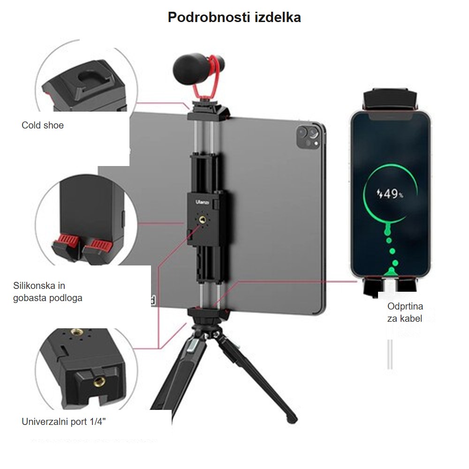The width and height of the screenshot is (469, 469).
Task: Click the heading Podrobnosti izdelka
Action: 234,17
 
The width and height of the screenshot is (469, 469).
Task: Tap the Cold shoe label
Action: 43,125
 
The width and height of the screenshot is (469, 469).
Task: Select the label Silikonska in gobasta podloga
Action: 47,292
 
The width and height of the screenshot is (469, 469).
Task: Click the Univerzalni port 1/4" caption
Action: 64,422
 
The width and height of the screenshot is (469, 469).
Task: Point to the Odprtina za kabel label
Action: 405,312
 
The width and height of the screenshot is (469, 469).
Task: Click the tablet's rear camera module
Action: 308,137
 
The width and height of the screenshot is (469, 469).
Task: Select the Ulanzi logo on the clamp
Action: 203,203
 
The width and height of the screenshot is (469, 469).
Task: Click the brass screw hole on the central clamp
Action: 203,220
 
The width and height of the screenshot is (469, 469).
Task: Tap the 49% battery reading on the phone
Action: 390,194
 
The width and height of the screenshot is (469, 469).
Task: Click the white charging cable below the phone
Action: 390,355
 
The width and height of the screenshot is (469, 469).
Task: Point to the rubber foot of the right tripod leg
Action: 292,419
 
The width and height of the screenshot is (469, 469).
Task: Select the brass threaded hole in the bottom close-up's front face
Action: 99,381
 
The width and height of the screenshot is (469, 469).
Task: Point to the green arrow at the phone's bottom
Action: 391,272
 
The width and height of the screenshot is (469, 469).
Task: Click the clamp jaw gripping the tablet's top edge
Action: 209,112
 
